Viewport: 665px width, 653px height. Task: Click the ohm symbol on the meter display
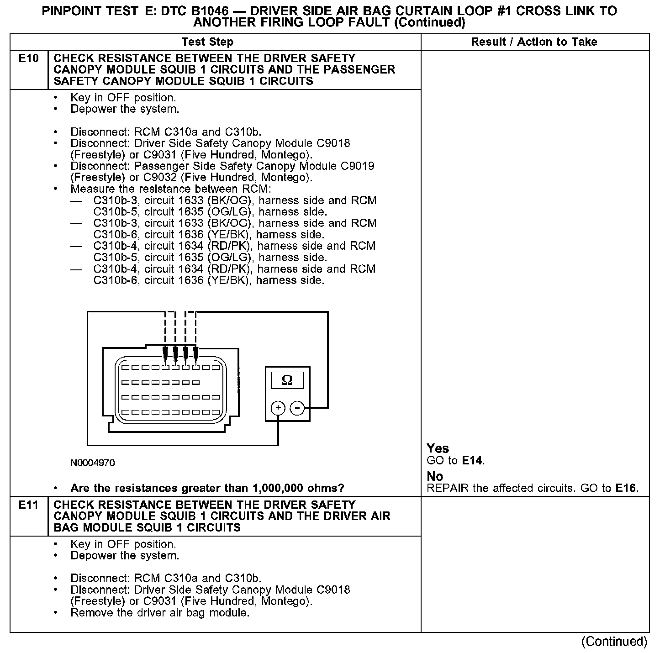coord(287,380)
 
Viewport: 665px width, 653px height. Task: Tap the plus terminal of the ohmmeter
coord(278,408)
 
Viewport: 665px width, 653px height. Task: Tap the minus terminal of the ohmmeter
coord(297,408)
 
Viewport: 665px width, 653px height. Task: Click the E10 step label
coord(29,58)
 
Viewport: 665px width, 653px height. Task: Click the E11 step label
coord(29,505)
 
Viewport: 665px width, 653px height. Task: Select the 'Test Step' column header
coord(207,42)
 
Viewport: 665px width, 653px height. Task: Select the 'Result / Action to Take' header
coord(534,42)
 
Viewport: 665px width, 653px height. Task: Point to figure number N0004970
coord(93,463)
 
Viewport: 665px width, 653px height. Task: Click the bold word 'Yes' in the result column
coord(438,448)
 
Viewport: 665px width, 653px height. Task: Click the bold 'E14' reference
coord(472,460)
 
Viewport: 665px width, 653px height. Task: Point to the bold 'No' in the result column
coord(435,477)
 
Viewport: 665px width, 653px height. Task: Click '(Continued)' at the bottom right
coord(614,642)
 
